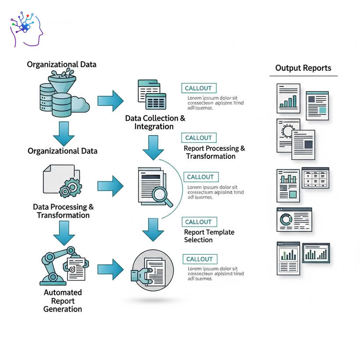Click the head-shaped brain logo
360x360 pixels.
(26, 29)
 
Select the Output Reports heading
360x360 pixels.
(303, 68)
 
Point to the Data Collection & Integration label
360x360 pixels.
(155, 123)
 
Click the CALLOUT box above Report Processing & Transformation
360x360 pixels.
(199, 138)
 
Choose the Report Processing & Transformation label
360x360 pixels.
(214, 153)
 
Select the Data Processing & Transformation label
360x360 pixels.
(63, 211)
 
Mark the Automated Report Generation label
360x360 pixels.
(62, 301)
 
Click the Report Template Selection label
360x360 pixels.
(209, 236)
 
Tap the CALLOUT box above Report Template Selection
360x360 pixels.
(199, 222)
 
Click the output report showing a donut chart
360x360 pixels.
(294, 219)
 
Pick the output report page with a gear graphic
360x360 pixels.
(288, 134)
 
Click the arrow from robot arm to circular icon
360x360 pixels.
(111, 269)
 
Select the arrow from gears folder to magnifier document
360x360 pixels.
(111, 186)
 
